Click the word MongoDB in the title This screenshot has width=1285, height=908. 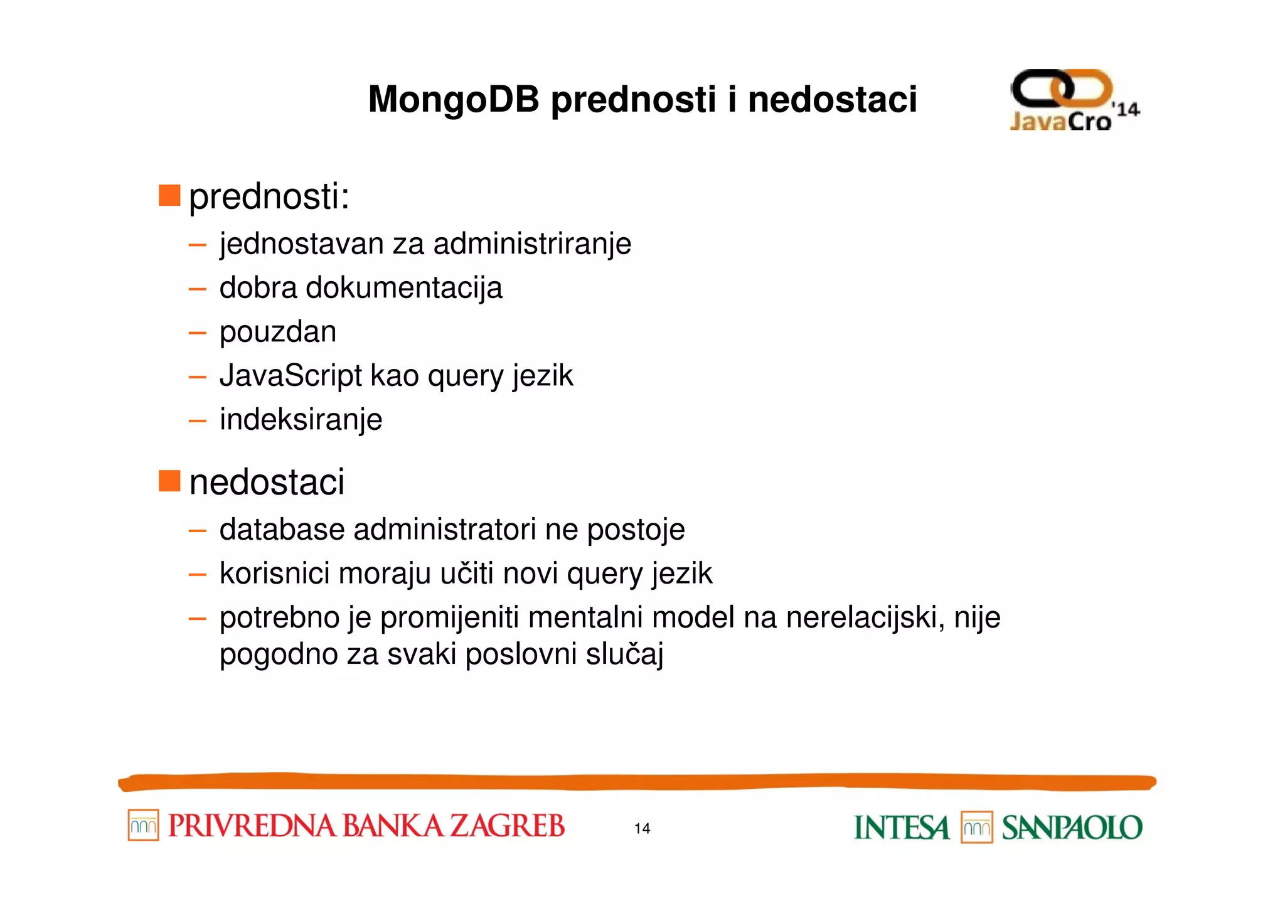(453, 99)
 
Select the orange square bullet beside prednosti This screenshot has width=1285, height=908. (169, 195)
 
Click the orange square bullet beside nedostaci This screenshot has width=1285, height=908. (169, 481)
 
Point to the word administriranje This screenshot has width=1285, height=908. (532, 243)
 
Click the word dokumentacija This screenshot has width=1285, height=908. (403, 288)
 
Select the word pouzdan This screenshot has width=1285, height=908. (277, 332)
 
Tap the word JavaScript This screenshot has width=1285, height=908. (291, 376)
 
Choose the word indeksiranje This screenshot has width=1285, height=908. (301, 420)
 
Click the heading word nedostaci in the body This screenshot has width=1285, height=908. (267, 482)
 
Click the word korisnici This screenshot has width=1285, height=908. (274, 574)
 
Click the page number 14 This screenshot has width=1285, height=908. (642, 828)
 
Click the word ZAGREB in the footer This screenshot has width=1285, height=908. (508, 826)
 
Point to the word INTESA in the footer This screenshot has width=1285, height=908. (901, 828)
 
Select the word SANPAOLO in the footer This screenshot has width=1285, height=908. (1072, 828)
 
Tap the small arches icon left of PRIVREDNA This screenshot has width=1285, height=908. (143, 825)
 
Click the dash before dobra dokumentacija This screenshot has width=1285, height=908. (197, 289)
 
